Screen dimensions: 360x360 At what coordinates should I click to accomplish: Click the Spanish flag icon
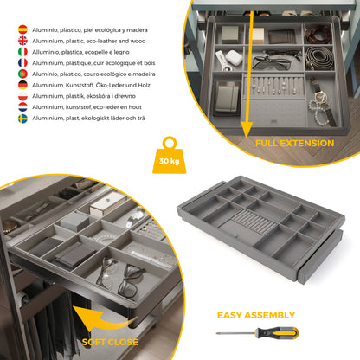pos(22,29)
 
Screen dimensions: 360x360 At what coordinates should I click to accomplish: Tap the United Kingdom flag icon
pos(22,41)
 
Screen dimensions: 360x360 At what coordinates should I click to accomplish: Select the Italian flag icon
pos(22,52)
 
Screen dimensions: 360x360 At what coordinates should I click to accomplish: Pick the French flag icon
pos(22,63)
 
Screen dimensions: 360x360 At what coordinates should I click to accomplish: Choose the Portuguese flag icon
pos(22,74)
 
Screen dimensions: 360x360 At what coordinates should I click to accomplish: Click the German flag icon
pos(22,85)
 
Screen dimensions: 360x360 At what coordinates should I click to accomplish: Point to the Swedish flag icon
pos(22,119)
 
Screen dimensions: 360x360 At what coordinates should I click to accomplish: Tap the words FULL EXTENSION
pos(295,143)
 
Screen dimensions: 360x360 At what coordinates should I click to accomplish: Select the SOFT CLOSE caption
pos(110,342)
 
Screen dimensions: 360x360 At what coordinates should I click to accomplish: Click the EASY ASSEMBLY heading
pos(256,315)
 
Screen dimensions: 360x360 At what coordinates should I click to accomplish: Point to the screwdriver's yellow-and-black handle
pos(277,333)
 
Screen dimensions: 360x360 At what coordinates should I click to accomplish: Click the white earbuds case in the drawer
pos(234,58)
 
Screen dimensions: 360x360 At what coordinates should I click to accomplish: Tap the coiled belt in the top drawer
pos(319,57)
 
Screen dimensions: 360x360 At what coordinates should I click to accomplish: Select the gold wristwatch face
pos(320,97)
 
